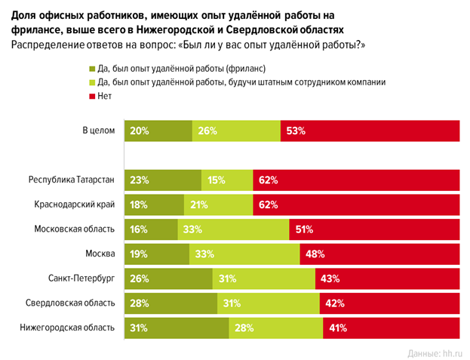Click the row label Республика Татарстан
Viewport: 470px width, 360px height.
click(x=72, y=180)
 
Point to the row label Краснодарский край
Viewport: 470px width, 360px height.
click(x=75, y=205)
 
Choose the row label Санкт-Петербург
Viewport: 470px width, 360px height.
click(x=80, y=278)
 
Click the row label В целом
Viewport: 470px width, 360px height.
click(x=98, y=131)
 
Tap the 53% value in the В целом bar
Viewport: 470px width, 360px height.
click(x=295, y=131)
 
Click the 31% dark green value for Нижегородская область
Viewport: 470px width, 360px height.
click(x=139, y=328)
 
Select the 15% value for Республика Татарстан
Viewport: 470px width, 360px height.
click(x=215, y=180)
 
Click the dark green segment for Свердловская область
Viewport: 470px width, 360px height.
click(x=170, y=303)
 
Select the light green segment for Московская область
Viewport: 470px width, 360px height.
click(x=233, y=229)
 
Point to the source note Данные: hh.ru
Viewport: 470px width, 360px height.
click(x=434, y=352)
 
